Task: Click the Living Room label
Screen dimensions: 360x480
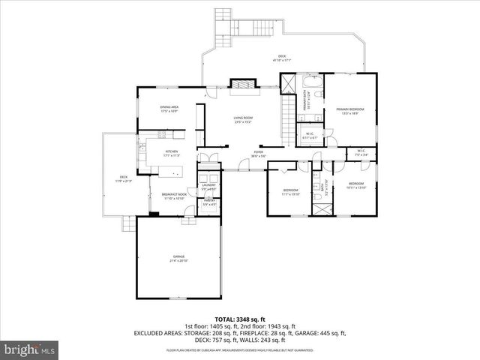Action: pos(242,118)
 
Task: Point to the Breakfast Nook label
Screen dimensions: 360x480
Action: pos(173,196)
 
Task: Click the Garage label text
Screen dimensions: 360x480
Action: pos(178,258)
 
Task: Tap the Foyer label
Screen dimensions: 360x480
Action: pos(257,153)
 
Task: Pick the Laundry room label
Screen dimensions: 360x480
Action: pos(209,185)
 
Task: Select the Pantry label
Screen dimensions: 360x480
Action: pos(209,202)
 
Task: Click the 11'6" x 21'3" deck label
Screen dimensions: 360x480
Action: pos(122,178)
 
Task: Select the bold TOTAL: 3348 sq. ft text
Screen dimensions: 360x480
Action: pos(239,319)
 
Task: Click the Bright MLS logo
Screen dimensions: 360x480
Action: pos(30,349)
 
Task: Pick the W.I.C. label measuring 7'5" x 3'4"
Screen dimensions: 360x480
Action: pos(361,152)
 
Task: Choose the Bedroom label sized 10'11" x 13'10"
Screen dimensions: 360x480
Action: pos(356,186)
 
